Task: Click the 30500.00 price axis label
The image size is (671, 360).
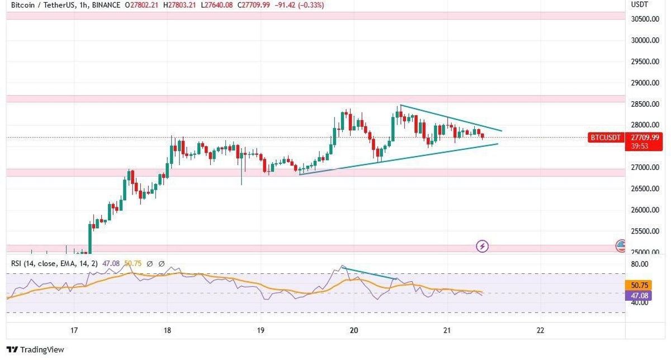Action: click(x=645, y=19)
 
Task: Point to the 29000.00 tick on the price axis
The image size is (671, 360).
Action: click(x=645, y=83)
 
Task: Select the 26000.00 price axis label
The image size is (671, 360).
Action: click(x=645, y=210)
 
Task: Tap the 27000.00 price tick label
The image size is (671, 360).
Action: click(x=645, y=168)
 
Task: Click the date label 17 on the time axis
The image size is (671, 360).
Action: click(x=74, y=330)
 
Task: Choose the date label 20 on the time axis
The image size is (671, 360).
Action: click(x=353, y=330)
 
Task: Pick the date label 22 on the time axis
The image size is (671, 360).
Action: click(x=540, y=330)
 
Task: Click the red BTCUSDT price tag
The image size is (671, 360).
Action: click(x=606, y=137)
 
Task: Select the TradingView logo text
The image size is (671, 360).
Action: click(x=42, y=350)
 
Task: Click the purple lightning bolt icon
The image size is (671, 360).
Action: click(x=483, y=245)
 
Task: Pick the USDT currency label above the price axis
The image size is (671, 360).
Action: click(x=640, y=4)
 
